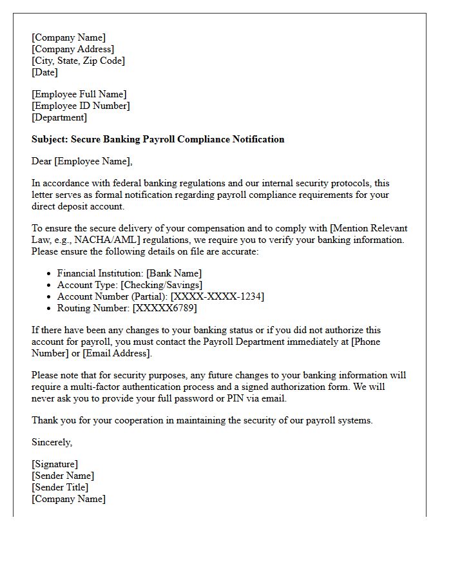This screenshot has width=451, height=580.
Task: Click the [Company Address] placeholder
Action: [x=73, y=49]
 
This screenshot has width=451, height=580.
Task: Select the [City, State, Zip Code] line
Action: [x=78, y=61]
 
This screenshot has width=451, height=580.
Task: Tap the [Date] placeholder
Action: [x=44, y=72]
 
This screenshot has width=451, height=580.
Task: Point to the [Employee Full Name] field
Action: [x=79, y=94]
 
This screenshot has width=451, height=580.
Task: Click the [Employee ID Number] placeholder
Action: [x=81, y=106]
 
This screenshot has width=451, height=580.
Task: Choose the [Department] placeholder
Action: [x=59, y=117]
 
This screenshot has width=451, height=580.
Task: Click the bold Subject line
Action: [x=158, y=139]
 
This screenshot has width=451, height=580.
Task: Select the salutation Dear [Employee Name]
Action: [x=82, y=161]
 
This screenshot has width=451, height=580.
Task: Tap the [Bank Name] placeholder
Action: [x=175, y=273]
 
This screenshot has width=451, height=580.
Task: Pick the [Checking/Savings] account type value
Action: [x=162, y=285]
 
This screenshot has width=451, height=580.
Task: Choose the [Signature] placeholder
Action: [x=55, y=464]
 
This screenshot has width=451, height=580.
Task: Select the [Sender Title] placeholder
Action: [x=60, y=487]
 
